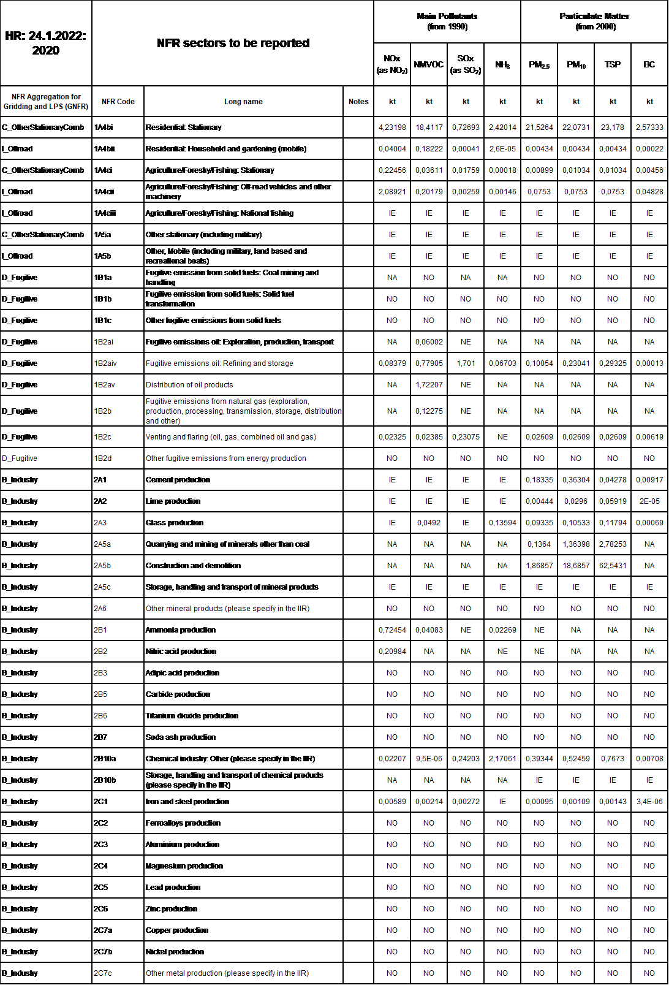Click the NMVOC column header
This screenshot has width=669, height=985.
coord(429,64)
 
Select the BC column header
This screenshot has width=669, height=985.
coord(649,64)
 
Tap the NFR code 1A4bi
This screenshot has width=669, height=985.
coord(104,127)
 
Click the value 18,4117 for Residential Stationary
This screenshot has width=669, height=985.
coord(429,127)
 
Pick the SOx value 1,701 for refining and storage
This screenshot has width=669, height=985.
coord(466,363)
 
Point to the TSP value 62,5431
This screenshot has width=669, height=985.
coord(613,566)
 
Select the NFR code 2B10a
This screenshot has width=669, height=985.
coord(105,759)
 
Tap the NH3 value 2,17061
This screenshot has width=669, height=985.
coord(502,759)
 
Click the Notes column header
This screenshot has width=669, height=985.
coord(358,102)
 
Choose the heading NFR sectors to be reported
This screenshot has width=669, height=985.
coord(233,43)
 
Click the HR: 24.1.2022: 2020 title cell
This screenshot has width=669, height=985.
coord(46,43)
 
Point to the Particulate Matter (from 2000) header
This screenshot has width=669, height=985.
coord(594,21)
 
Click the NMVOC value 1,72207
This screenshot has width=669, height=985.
coord(429,385)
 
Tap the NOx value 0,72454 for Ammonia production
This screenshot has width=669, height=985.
coord(392,630)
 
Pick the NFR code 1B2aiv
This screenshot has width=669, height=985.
coord(105,363)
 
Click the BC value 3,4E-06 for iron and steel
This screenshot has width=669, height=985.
coord(649,802)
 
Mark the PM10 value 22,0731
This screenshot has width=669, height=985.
coord(576,127)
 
